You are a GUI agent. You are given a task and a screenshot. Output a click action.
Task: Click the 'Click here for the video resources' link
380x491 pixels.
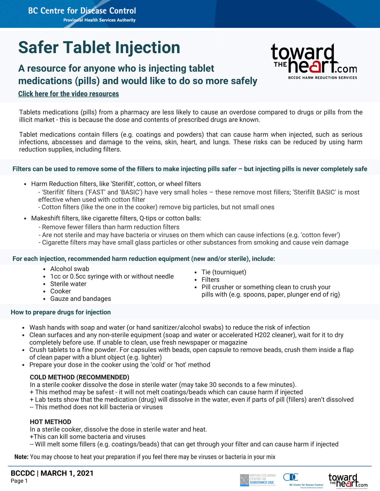point(68,94)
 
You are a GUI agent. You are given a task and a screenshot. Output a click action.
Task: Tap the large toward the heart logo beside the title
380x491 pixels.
point(314,61)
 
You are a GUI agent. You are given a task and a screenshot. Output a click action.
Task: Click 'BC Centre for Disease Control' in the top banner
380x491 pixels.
point(82,11)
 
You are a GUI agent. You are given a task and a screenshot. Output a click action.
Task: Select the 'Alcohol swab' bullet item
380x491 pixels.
point(70,269)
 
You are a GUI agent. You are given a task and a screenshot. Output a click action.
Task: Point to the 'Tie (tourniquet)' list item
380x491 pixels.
point(224,272)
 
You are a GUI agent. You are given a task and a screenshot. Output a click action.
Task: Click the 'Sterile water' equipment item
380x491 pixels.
point(68,284)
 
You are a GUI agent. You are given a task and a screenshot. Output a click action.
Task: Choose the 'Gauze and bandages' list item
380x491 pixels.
point(81,299)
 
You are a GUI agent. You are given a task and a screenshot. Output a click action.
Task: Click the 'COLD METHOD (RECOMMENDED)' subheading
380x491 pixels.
point(80,377)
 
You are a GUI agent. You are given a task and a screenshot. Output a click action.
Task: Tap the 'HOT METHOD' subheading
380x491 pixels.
point(50,422)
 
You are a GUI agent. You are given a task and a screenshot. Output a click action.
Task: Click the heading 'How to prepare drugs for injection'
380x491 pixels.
point(61,312)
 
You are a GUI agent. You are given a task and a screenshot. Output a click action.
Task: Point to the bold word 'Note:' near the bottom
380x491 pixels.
point(21,457)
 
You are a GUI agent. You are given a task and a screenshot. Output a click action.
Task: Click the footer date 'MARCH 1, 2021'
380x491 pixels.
point(67,473)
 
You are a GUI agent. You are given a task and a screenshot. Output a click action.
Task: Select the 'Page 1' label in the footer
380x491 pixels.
point(19,481)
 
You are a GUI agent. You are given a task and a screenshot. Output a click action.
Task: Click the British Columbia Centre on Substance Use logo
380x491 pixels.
point(258,480)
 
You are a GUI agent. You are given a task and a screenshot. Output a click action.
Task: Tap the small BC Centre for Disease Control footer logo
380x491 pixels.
point(303,480)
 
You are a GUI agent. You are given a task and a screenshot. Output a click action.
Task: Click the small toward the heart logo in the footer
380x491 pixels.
point(348,480)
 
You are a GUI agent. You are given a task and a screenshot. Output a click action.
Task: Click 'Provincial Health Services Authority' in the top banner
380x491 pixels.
point(99,20)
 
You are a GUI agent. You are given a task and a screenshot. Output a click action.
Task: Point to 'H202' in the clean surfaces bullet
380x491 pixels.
point(261,335)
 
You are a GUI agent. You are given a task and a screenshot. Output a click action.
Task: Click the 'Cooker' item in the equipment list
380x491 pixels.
point(61,291)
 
